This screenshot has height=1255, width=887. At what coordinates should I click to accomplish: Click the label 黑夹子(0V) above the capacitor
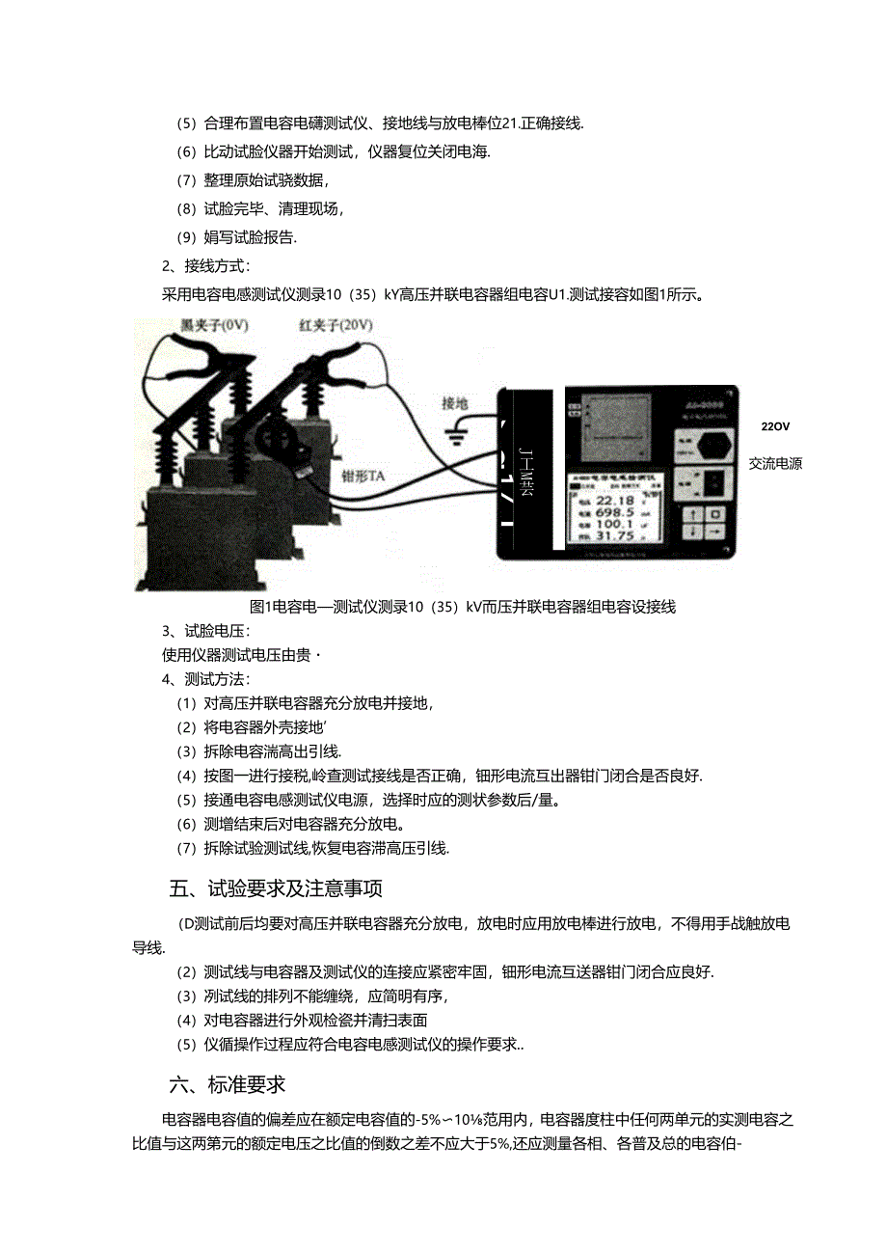tap(215, 326)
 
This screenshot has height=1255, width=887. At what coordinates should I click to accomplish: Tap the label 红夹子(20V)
tap(335, 326)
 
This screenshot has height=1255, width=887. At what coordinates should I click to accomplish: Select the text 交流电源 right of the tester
tap(775, 463)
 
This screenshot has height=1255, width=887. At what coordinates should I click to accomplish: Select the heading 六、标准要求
tap(228, 1084)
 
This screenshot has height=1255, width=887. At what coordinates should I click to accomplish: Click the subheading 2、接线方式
tap(205, 266)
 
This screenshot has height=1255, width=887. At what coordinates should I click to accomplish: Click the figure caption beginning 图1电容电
tap(463, 607)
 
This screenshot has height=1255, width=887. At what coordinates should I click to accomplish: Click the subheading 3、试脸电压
tap(205, 631)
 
